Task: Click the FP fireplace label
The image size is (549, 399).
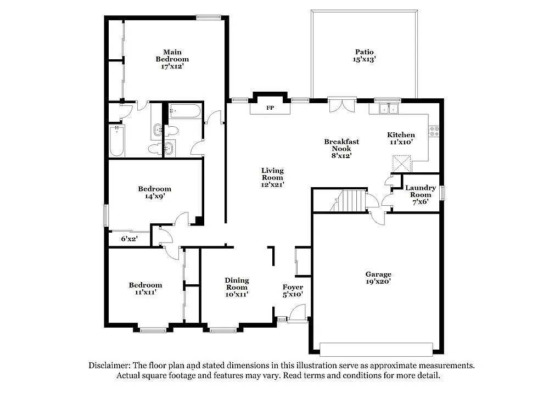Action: (270, 108)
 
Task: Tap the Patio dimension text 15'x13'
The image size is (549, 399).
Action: (364, 60)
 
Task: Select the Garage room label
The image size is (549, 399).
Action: (378, 274)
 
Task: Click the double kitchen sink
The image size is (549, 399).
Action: (389, 109)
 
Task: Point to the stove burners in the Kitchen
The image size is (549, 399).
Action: (434, 131)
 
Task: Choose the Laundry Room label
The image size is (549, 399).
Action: (421, 191)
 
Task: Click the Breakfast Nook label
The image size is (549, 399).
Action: (341, 145)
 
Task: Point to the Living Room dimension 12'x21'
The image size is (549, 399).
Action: (272, 185)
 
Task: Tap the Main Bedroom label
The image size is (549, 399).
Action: (172, 55)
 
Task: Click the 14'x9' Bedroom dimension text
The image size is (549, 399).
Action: (154, 196)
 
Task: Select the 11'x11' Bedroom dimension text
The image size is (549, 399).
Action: (145, 292)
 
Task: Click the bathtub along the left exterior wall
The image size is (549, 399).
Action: (117, 141)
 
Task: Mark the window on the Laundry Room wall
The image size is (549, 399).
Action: (442, 193)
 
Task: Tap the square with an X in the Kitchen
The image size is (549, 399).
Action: (402, 164)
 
